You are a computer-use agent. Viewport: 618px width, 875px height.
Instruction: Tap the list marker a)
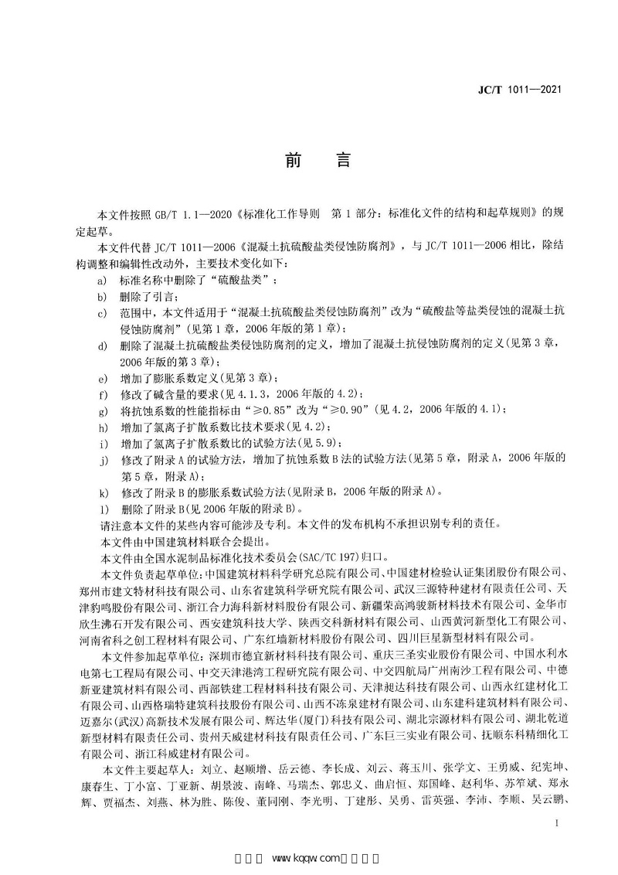(x=103, y=282)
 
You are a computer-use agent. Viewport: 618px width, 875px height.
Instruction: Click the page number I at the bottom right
(x=556, y=825)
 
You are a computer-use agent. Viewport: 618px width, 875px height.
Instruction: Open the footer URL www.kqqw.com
(x=307, y=858)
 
